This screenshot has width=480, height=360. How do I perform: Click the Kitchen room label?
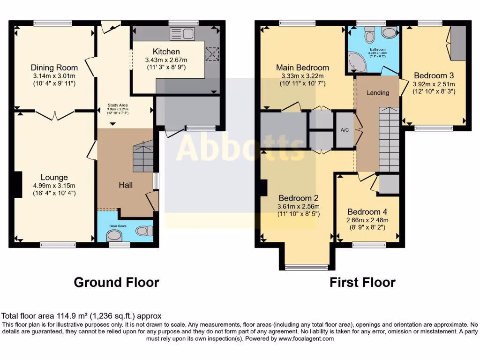166,52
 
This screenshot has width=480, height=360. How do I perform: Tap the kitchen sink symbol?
183,33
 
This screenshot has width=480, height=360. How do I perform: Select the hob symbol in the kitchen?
213,54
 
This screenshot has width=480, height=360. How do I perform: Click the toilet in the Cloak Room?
144,231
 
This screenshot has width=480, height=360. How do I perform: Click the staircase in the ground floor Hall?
143,157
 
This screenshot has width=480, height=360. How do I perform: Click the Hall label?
125,185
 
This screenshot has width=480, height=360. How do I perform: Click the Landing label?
378,93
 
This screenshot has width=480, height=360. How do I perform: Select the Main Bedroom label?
302,67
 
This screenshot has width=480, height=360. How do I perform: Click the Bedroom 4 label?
367,212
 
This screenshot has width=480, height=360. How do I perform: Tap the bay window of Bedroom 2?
307,268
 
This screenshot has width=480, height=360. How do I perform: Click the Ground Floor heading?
117,283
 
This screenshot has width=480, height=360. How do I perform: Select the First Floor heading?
362,283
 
